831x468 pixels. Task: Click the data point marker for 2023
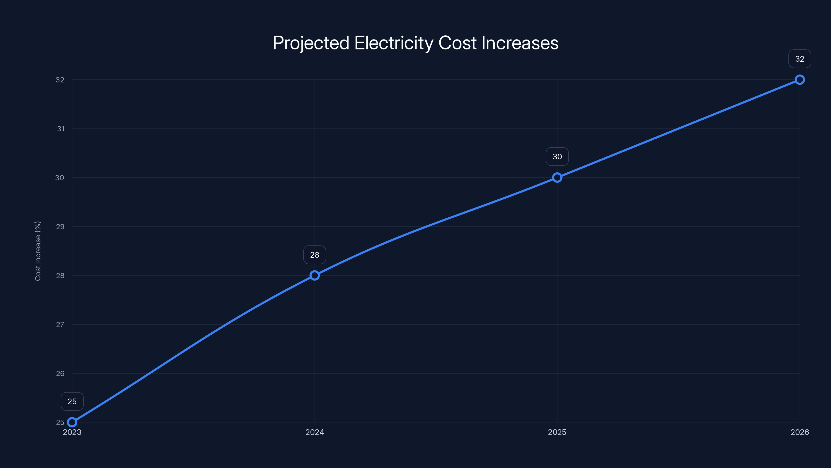coord(72,422)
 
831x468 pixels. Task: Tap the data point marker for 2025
coord(557,178)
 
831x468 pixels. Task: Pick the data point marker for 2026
coord(800,80)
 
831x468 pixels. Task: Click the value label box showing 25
coord(72,401)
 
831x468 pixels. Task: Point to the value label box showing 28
coord(314,255)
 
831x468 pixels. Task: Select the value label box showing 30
coord(557,157)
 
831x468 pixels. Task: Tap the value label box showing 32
coord(800,59)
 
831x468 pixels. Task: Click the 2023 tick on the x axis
coord(72,432)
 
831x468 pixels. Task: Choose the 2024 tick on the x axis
coord(314,432)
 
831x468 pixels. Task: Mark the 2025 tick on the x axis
coord(557,432)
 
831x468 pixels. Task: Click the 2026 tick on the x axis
coord(800,432)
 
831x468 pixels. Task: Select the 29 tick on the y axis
coord(60,227)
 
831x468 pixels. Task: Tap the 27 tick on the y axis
coord(60,324)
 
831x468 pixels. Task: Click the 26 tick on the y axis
coord(60,374)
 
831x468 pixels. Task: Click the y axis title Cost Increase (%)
coord(38,251)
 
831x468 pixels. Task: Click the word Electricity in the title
coord(394,43)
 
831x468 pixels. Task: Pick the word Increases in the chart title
coord(520,43)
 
